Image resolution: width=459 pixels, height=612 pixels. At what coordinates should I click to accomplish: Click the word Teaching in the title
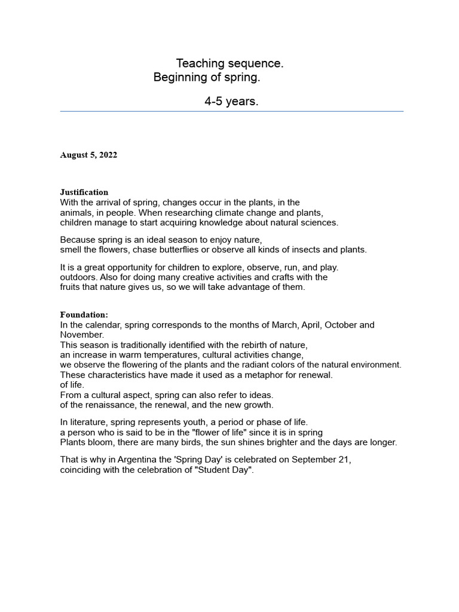tap(199, 63)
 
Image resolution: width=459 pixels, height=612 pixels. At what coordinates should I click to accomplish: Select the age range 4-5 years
tap(231, 102)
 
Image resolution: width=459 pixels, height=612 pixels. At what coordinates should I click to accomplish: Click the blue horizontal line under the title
tap(231, 111)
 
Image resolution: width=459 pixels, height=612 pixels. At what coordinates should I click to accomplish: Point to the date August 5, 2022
tap(88, 155)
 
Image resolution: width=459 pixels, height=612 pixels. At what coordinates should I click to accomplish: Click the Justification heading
tap(84, 192)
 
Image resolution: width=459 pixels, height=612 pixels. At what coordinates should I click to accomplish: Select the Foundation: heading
tap(84, 315)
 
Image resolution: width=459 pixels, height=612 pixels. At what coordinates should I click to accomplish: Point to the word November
tap(82, 335)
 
